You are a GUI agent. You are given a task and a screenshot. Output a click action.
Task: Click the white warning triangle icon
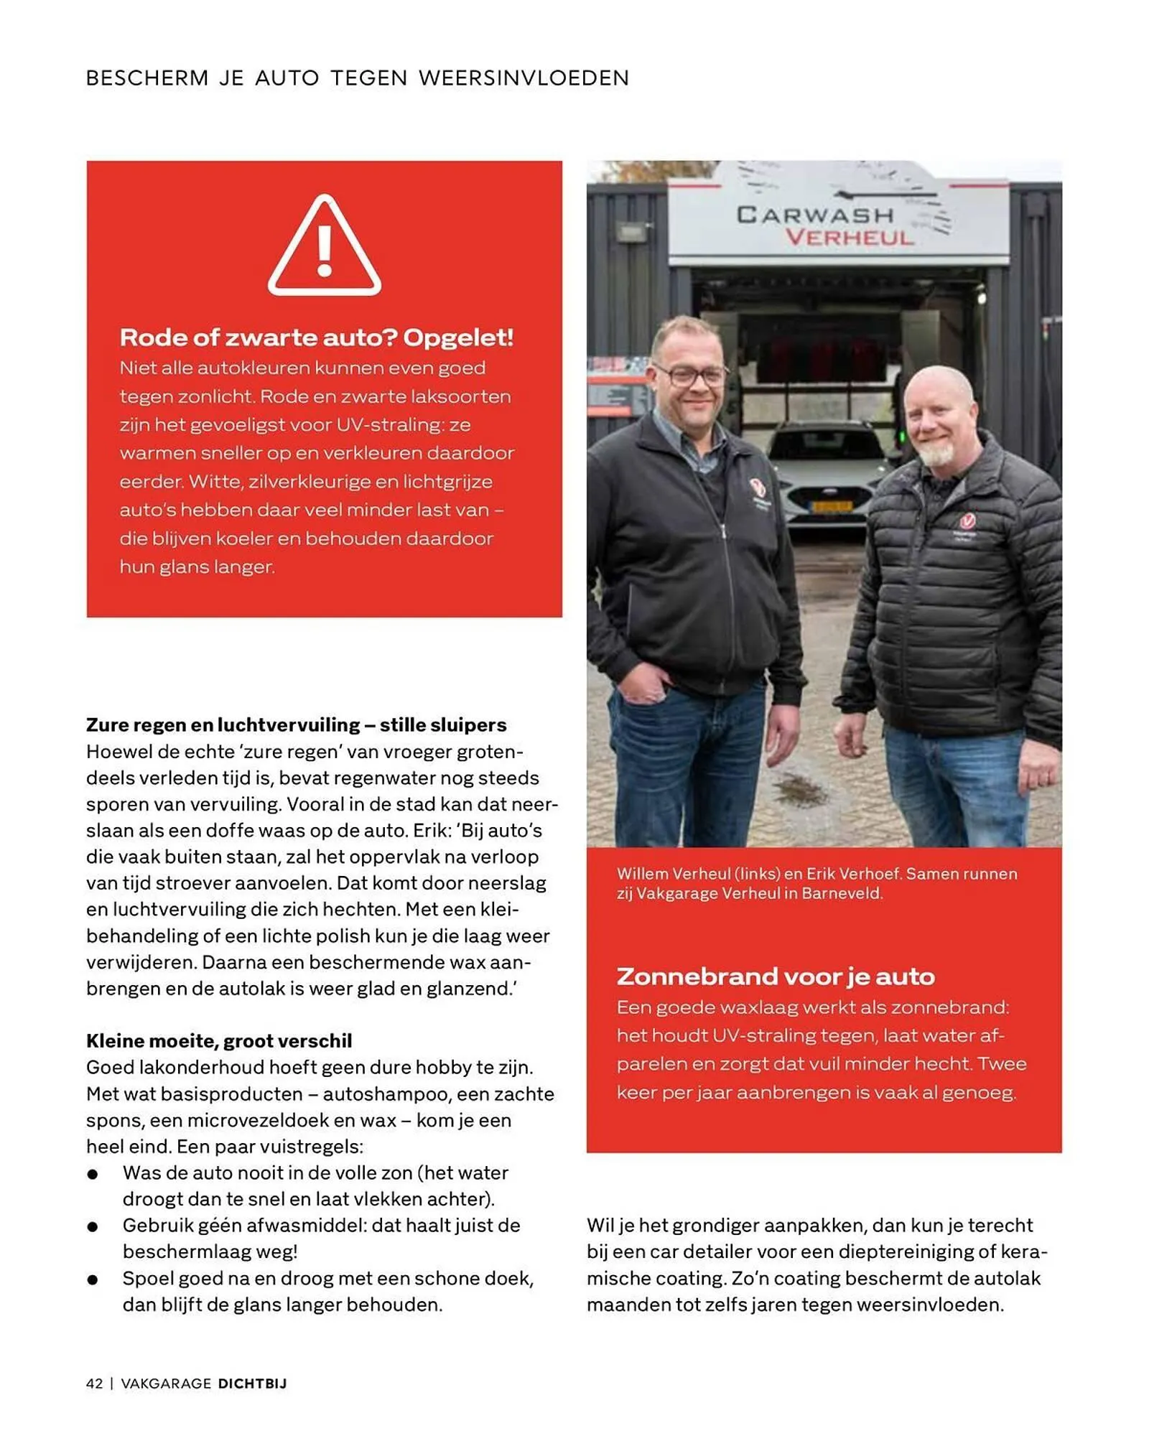pos(325,246)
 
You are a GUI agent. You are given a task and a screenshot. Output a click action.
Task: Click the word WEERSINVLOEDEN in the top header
pos(524,78)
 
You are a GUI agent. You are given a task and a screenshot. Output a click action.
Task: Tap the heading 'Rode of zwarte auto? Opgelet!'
pos(316,337)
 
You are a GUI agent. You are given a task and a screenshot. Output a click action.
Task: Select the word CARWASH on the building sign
pos(815,215)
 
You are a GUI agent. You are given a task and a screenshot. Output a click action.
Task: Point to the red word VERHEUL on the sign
pos(849,238)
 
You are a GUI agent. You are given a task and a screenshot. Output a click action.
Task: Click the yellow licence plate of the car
pos(831,506)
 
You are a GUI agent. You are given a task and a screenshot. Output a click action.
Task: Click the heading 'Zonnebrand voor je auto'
pos(776,976)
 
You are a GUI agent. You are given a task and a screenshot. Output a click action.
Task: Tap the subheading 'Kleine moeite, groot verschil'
pos(219,1040)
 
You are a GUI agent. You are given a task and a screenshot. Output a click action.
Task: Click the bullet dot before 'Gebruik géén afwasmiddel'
pos(93,1226)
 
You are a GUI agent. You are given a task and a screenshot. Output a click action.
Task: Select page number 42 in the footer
pos(94,1384)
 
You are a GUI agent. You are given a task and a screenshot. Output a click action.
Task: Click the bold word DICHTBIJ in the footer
pos(252,1384)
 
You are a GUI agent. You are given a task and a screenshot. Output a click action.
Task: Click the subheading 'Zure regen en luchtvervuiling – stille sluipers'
pos(296,724)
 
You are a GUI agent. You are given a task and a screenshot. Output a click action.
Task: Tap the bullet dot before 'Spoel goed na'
pos(93,1279)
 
